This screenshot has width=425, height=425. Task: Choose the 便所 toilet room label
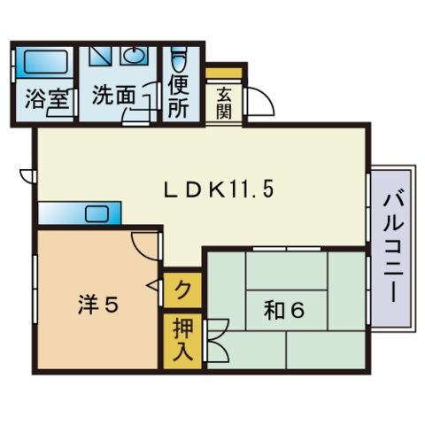[179, 97]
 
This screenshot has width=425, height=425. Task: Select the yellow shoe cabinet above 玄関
[225, 71]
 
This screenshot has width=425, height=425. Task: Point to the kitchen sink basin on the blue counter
[97, 213]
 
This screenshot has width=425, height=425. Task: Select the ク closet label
[181, 289]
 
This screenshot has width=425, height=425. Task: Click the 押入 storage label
[181, 341]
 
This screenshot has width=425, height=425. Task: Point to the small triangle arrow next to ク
[156, 286]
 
